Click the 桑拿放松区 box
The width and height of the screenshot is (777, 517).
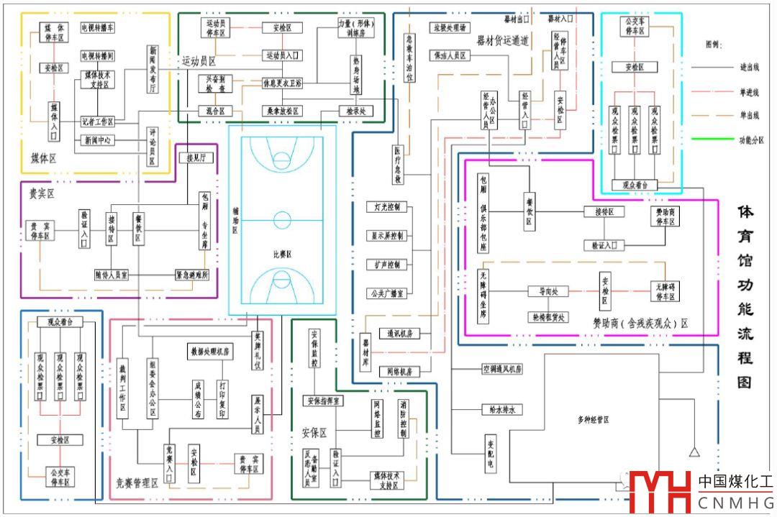click(281, 111)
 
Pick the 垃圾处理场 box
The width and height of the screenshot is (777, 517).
click(450, 28)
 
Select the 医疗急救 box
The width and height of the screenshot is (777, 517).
click(397, 165)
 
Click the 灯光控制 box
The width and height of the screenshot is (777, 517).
click(388, 207)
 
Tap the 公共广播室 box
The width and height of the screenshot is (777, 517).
click(388, 293)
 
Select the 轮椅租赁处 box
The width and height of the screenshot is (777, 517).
click(548, 317)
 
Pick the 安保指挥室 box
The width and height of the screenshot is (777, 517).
click(324, 401)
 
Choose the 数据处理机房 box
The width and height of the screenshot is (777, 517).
click(210, 352)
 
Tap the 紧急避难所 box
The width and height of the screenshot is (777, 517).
click(192, 275)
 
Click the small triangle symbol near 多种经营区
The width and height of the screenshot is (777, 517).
click(694, 452)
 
